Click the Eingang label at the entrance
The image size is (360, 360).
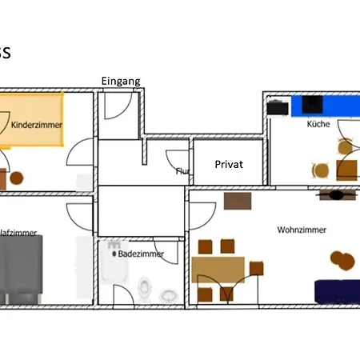(121, 81)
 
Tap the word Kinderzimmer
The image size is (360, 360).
(37, 125)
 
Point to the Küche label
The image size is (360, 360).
(318, 126)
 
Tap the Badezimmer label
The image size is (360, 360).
(141, 254)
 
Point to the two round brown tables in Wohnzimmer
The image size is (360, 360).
(342, 259)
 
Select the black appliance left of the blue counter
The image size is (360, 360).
(278, 106)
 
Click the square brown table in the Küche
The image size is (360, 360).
(347, 169)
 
